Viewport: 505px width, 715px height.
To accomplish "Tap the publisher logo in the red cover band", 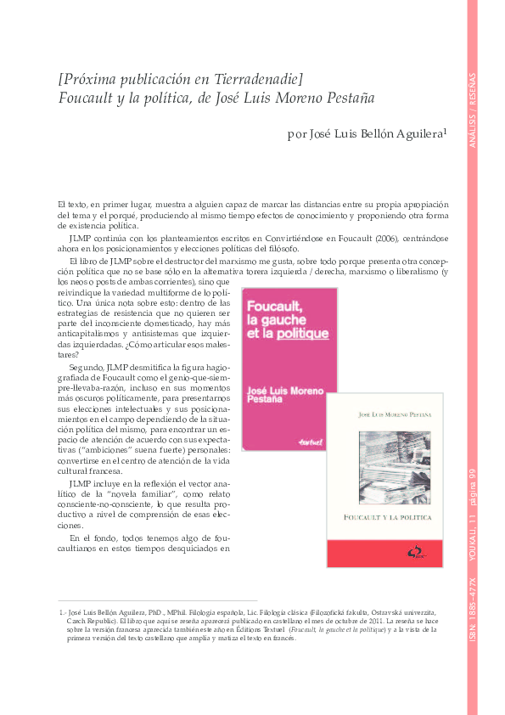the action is click(x=412, y=555).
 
